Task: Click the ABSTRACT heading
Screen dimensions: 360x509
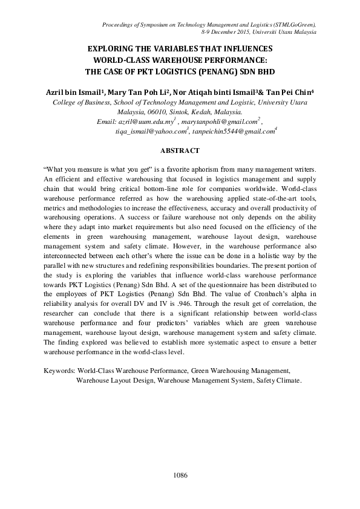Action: (180, 149)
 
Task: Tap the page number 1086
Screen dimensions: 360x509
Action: (180, 475)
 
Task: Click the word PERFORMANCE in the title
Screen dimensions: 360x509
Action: (232, 59)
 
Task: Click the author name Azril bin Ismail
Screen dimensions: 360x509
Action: (73, 92)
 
